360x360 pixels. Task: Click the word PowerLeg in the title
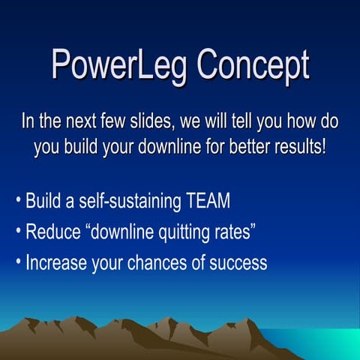[119, 66]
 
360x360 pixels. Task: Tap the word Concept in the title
[253, 66]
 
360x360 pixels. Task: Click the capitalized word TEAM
[206, 202]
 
